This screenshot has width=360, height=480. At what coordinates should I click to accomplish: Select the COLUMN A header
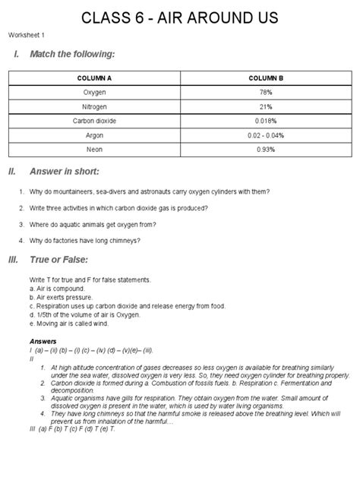94,78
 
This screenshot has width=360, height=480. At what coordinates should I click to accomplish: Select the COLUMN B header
265,78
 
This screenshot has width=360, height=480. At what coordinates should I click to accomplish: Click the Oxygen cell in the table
94,92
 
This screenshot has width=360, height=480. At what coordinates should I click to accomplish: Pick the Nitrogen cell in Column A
94,106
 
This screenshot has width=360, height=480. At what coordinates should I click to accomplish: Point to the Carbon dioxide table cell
94,121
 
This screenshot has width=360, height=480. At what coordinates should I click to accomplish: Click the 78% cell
265,92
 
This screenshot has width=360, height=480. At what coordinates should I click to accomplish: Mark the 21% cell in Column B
265,106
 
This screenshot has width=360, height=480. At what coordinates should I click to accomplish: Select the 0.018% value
265,121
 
